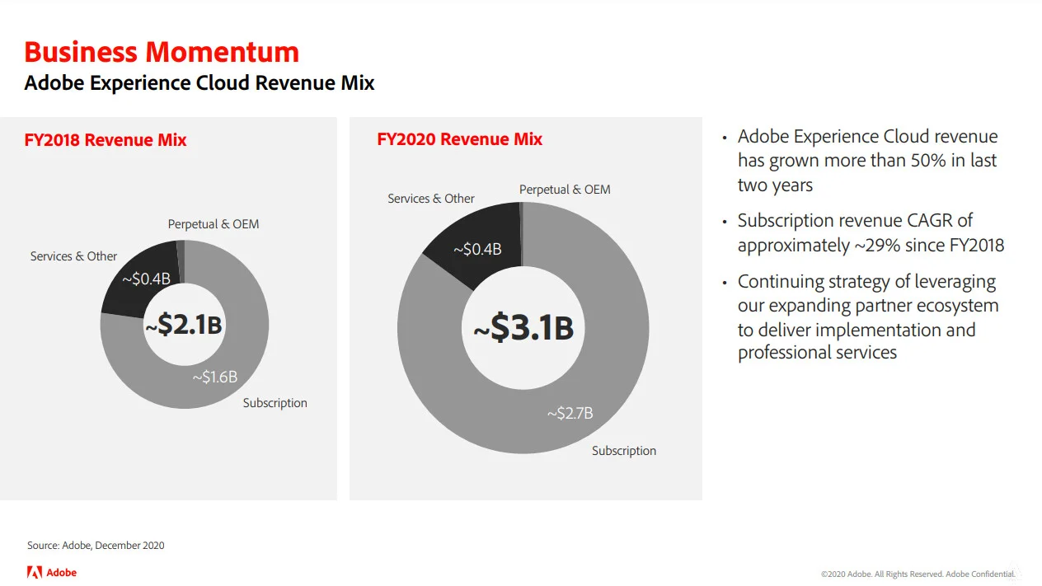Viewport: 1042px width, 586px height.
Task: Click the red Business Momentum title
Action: (x=162, y=52)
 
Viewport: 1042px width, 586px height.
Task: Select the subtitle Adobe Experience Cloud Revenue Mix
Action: (x=199, y=83)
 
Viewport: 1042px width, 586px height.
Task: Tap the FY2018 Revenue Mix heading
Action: (x=106, y=140)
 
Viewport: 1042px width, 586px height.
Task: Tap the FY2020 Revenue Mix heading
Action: (x=460, y=139)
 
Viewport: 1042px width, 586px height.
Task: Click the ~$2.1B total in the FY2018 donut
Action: (x=184, y=324)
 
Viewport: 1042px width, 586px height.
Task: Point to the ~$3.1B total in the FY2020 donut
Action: (x=523, y=328)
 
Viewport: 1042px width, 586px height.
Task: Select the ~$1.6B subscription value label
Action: (x=215, y=377)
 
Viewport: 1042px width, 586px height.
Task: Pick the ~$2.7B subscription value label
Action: (x=570, y=413)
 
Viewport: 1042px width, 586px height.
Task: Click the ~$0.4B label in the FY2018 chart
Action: (x=146, y=279)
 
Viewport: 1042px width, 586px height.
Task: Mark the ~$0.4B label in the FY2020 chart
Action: (x=477, y=249)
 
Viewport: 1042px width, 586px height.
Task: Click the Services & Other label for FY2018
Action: (x=73, y=256)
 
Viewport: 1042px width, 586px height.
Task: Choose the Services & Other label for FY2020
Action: (x=431, y=199)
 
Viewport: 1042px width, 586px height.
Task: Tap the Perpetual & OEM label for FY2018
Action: (x=214, y=224)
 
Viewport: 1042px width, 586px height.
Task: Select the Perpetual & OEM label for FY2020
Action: (x=565, y=190)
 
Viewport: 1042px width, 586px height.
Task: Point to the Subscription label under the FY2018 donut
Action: (x=275, y=403)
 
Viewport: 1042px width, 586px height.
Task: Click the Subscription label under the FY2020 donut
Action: (x=624, y=451)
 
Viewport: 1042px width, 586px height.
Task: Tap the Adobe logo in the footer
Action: (x=52, y=573)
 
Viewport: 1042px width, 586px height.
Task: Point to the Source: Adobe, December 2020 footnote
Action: (x=96, y=546)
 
